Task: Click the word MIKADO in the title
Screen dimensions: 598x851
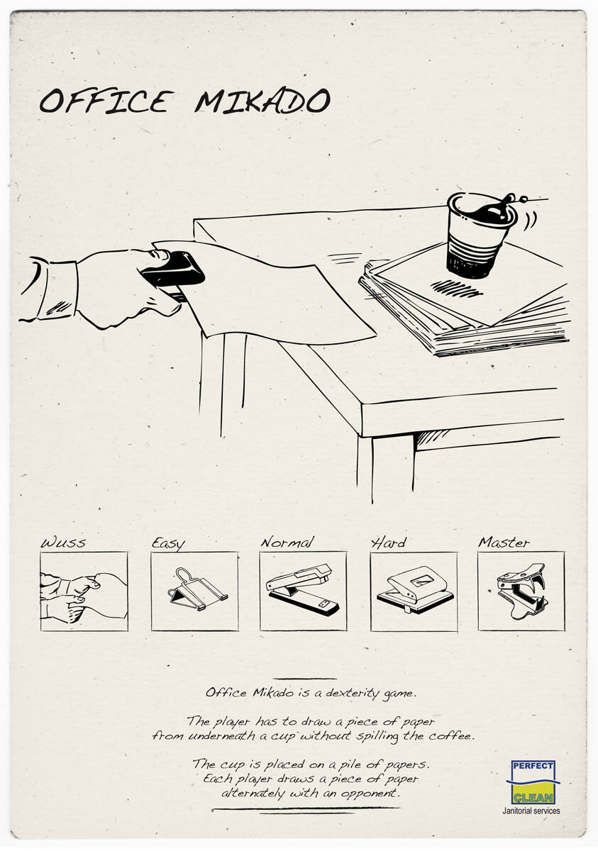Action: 262,101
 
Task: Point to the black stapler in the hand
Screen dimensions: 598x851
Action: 174,272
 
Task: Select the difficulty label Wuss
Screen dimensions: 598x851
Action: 63,542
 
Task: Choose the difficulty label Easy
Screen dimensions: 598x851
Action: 168,543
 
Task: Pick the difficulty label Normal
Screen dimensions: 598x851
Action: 287,542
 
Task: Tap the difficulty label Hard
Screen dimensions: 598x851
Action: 388,542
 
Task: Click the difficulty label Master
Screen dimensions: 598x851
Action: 504,542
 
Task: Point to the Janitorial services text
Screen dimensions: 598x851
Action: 531,811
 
